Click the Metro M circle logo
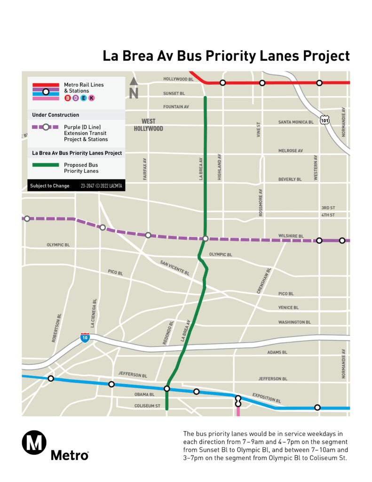click(34, 443)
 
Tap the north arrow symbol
click(134, 88)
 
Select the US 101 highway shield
click(325, 120)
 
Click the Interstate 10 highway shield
click(85, 337)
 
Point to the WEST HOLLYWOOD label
click(148, 125)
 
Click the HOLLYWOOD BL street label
click(178, 79)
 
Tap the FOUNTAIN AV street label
click(176, 107)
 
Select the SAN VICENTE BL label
click(174, 268)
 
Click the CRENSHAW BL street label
click(264, 281)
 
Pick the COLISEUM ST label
click(147, 406)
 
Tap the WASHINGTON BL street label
click(294, 322)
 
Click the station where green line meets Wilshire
click(206, 239)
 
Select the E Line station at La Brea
click(166, 388)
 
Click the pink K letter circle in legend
click(91, 98)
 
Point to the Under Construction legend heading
click(55, 115)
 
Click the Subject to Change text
click(50, 186)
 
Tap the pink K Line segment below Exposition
click(238, 411)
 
